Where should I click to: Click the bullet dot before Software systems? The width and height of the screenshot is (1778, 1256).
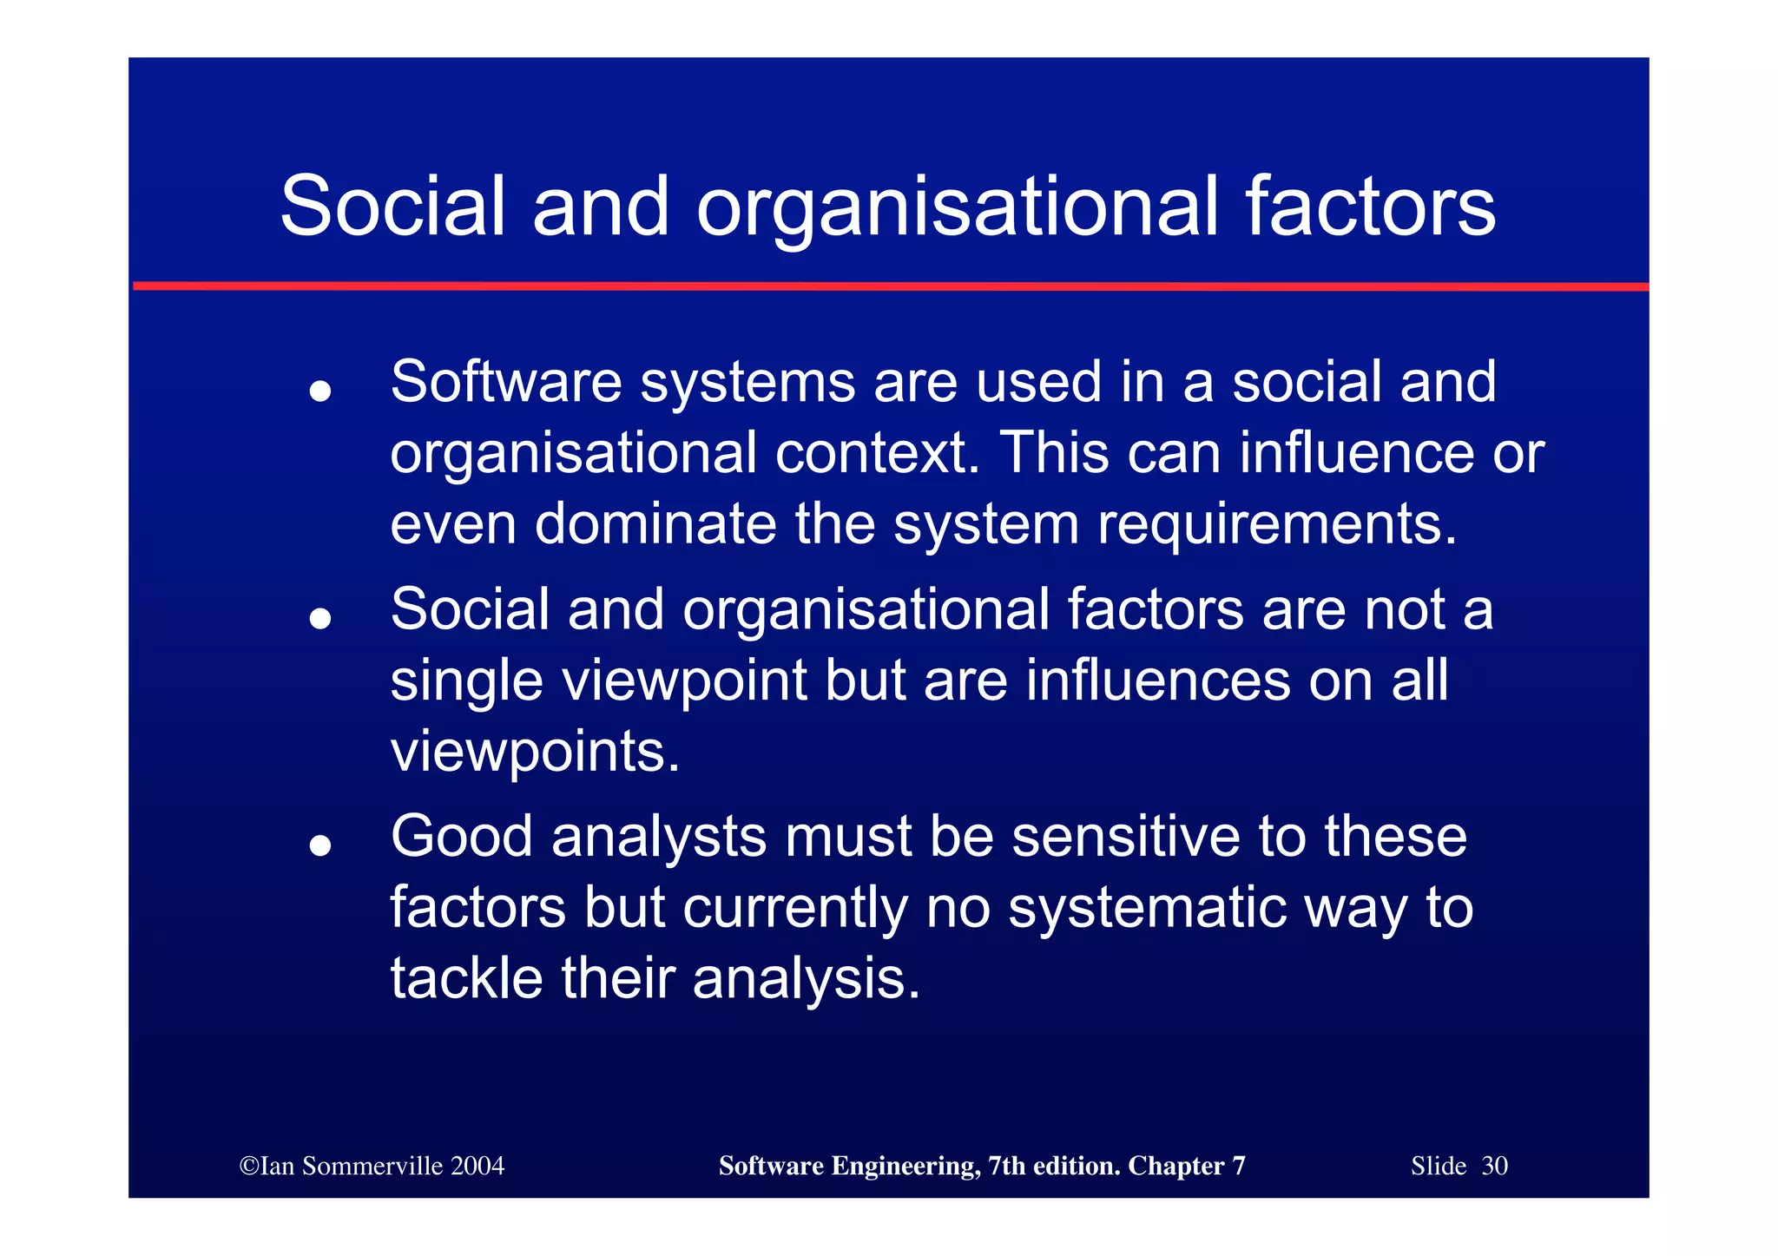[320, 391]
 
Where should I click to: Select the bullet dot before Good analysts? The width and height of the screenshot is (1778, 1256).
[320, 845]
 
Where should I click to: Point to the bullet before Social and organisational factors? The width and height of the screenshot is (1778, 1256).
[320, 618]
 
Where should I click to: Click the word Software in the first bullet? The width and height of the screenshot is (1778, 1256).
[506, 382]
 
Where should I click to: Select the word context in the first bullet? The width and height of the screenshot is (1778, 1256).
[877, 453]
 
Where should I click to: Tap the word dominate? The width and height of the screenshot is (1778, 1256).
[655, 524]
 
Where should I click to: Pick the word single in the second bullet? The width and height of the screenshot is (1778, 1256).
[467, 681]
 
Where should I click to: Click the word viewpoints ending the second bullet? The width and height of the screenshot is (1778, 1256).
[535, 753]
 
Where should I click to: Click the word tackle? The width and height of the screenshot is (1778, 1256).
[467, 978]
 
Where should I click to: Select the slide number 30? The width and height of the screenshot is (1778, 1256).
[1494, 1166]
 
